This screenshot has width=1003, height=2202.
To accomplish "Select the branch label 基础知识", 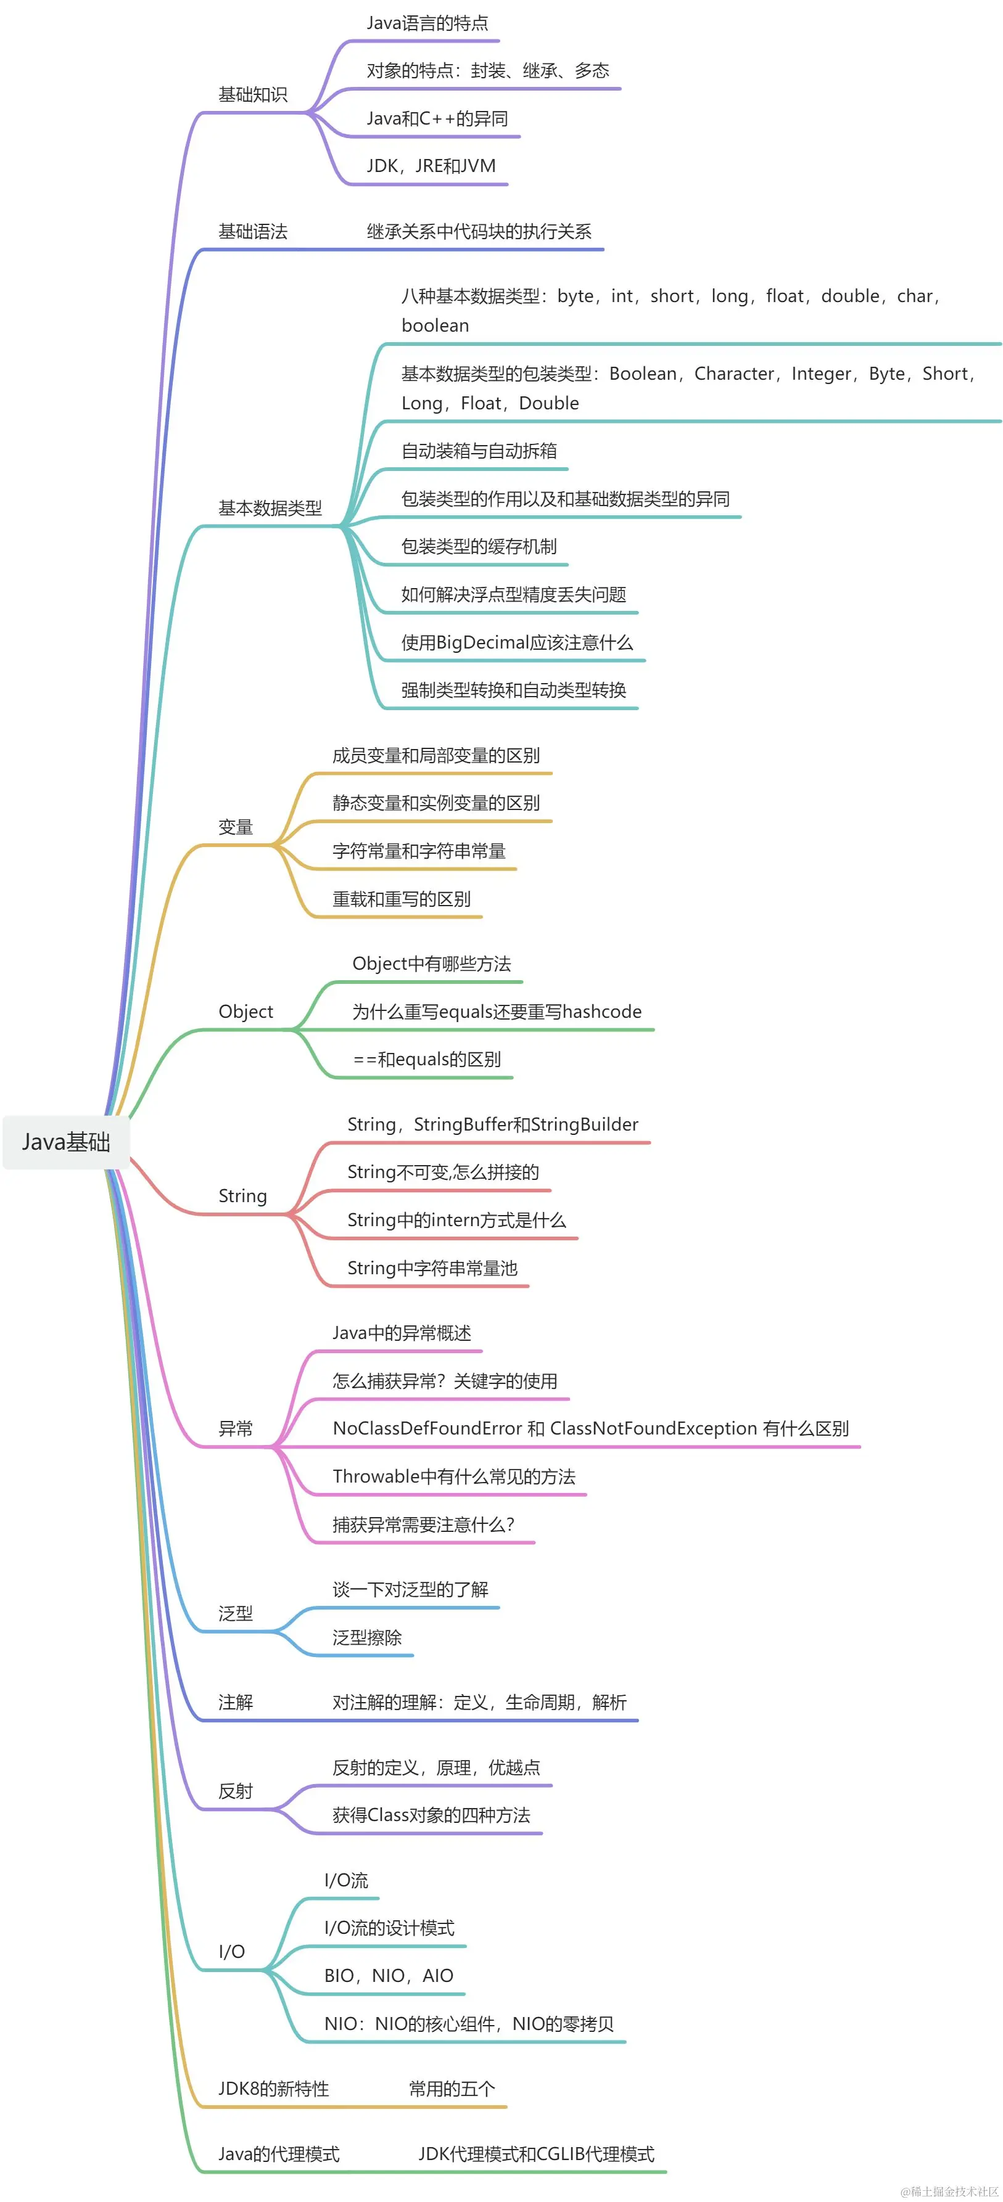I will pos(252,94).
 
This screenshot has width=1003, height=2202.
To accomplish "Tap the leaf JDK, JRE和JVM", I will pos(431,166).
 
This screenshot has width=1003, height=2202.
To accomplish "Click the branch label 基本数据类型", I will pos(270,508).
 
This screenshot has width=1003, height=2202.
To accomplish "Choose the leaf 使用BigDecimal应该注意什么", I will pos(516,642).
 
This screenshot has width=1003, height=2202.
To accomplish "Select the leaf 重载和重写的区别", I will pos(401,898).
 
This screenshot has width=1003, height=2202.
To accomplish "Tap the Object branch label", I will pos(246,1011).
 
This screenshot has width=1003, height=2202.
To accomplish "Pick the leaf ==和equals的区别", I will pos(427,1059).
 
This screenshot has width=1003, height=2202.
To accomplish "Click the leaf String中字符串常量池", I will pos(432,1267).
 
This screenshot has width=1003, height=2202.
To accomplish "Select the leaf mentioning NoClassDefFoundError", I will pos(590,1428).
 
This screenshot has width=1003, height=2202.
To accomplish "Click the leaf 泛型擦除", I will pos(367,1637).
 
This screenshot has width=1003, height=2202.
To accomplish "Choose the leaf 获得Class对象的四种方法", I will pos(431,1815).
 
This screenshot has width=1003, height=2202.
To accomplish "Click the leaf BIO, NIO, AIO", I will pos(388,1976).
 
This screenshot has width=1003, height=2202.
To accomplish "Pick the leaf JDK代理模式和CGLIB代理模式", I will pos(536,2153).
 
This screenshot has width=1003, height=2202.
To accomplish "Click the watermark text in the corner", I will pos(949,2191).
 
